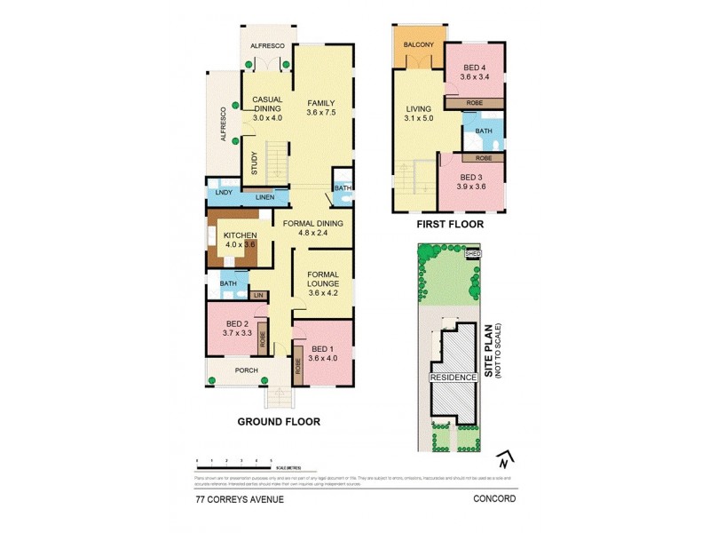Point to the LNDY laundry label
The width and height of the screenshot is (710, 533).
pyautogui.click(x=223, y=192)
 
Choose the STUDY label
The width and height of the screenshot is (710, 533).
pyautogui.click(x=254, y=163)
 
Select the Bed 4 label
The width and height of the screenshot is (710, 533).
pyautogui.click(x=475, y=68)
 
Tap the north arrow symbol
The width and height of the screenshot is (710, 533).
pyautogui.click(x=504, y=461)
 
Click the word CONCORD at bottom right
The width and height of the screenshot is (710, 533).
pyautogui.click(x=495, y=498)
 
